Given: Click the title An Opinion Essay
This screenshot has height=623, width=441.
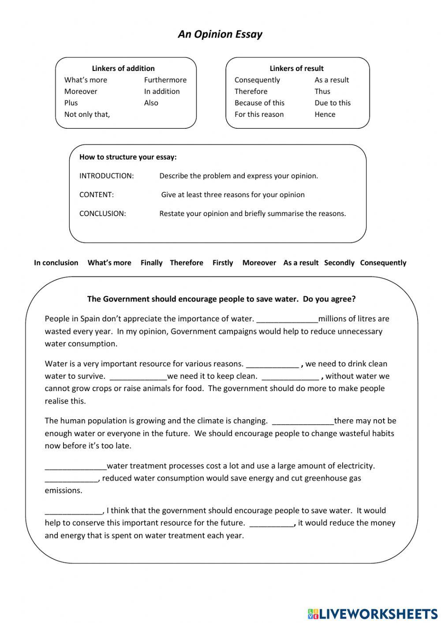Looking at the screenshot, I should pos(220,34).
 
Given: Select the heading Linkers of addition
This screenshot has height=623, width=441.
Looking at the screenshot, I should pos(123,68).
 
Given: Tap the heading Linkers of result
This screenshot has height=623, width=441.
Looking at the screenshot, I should pos(296,68).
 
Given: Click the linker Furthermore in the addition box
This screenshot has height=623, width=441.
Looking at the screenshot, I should pos(165,80).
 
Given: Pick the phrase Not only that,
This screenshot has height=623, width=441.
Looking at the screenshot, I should pos(87,114).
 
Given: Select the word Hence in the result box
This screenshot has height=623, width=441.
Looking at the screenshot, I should pos(325,114).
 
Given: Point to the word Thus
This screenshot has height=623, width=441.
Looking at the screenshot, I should pos(322,91).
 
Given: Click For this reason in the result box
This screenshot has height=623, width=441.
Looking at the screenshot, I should pos(259,114).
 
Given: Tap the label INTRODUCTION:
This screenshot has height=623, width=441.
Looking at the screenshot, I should pos(106,176).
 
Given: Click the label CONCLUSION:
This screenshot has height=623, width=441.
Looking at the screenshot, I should pos(102,213).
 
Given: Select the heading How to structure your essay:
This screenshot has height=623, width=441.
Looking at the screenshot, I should pos(128,157).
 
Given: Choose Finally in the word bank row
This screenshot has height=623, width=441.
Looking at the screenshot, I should pos(151,263).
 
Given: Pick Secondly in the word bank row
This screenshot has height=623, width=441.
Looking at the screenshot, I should pos(339,263).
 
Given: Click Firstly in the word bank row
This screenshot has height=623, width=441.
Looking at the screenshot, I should pos(222,263).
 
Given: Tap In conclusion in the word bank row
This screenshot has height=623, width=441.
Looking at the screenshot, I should pos(56,263).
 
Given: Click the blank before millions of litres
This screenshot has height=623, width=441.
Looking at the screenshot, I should pos(287,320).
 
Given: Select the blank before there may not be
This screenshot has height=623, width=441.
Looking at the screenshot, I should pos(303,422).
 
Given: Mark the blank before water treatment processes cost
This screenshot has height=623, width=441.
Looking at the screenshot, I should pos(75,467).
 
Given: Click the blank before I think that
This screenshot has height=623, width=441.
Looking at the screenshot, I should pos(73,511).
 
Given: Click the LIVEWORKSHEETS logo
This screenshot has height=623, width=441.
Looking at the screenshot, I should pos(373,613).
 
